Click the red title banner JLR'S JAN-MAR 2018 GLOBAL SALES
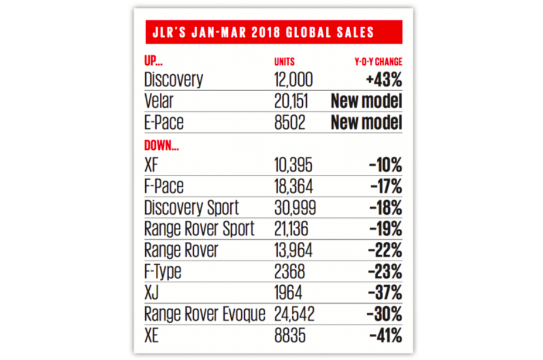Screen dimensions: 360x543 point(273,32)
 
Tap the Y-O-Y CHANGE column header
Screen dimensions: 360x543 point(378,62)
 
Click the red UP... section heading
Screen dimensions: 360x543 point(153,62)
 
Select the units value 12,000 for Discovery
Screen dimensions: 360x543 point(293,80)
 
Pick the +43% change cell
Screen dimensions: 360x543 point(384,80)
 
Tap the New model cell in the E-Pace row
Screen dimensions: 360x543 point(366,123)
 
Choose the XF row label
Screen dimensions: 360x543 point(152,165)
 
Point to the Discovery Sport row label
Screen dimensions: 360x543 point(191,208)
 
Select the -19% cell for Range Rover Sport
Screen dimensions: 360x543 point(386,229)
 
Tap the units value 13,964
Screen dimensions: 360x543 point(293,250)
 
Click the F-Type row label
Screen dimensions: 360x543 point(162,272)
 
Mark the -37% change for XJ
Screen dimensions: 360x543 point(385,293)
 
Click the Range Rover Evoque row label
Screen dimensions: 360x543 point(205,314)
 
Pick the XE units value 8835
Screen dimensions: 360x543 point(290,336)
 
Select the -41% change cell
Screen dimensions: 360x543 point(386,336)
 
